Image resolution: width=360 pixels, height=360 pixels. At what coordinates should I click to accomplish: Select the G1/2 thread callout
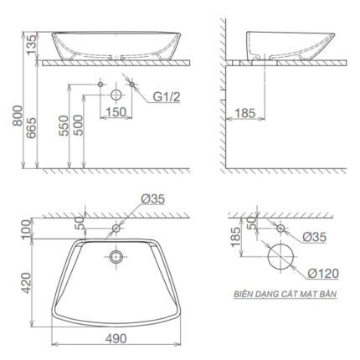pos(166,97)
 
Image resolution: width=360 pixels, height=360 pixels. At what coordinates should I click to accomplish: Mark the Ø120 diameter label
pos(321,272)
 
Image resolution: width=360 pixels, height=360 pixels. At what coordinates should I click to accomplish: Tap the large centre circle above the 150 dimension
pos(116,95)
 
